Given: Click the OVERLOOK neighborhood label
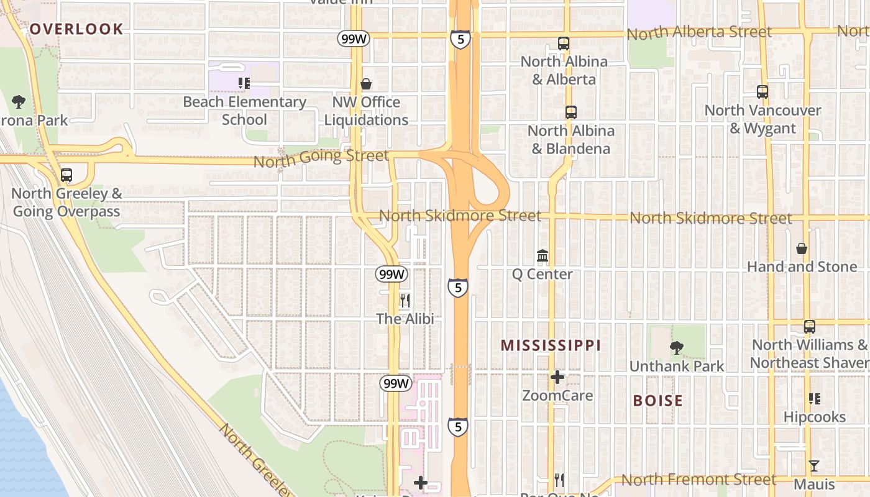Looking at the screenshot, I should pos(76,29).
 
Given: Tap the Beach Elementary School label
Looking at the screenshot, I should pos(244,111).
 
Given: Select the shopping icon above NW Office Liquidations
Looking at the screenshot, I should pos(366,83).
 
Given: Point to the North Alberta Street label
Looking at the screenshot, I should pos(699,32).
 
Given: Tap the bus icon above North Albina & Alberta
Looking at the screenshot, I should pos(564,43).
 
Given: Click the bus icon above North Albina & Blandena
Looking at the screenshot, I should pos(571,112).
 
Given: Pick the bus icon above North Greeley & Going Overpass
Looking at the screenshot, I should pos(66,175).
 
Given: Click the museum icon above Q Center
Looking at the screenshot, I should pos(543,256).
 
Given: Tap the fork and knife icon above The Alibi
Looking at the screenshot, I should pos(405,301).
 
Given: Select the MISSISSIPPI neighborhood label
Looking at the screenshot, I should pos(551,345).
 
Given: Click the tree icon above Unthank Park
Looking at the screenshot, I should pos(677,348).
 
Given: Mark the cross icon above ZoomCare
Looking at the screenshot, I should pos(557,376).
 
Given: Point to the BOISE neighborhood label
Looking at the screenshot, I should pos(657,401).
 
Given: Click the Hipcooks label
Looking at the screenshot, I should pos(814,417).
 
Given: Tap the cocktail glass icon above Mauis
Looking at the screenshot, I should pos(814,465).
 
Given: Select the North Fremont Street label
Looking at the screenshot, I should pos(698,480).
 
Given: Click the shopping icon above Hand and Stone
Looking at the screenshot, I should pos(802,248).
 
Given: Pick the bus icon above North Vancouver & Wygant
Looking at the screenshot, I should pos(762,92).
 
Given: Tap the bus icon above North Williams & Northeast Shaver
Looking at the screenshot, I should pos(809,326).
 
